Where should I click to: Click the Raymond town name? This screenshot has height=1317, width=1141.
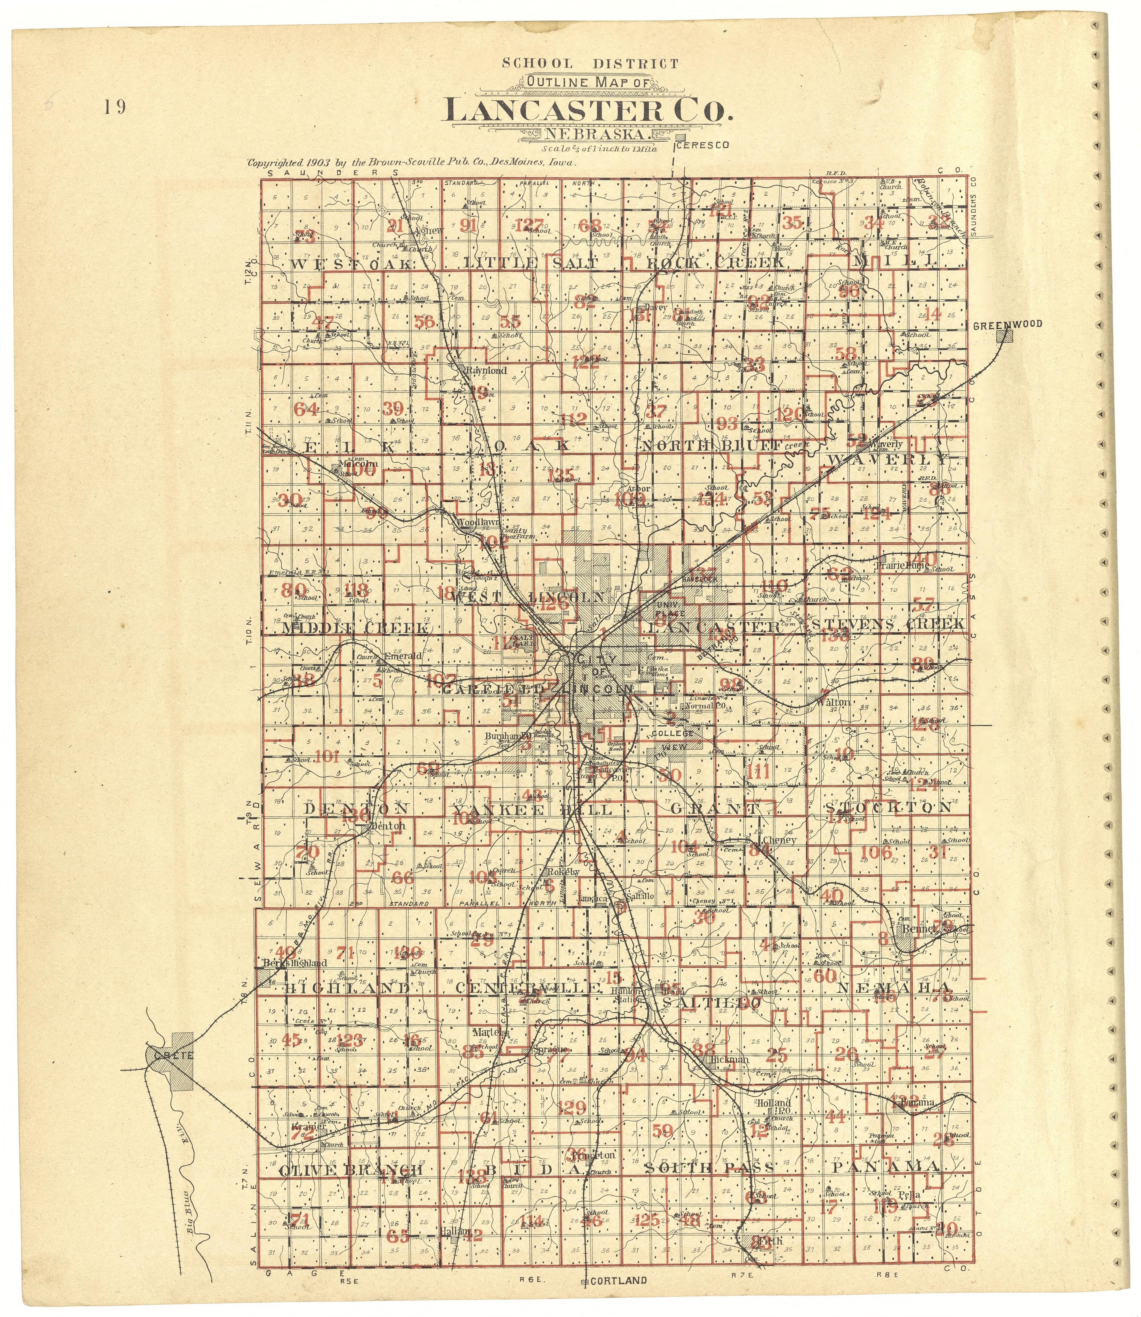pos(486,370)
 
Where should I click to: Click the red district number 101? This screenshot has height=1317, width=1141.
pos(327,757)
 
